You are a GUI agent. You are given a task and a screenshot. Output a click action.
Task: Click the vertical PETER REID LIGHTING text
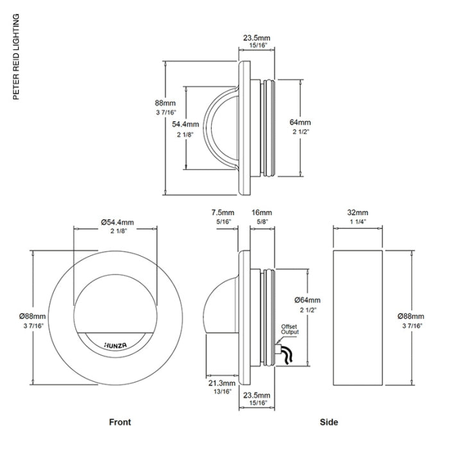tap(17, 57)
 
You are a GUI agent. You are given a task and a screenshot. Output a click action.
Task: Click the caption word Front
tap(119, 422)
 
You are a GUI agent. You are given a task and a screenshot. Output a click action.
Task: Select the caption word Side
tap(330, 422)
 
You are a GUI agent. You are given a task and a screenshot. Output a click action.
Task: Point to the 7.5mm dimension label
tap(223, 212)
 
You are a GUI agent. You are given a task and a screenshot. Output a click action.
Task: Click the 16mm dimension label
tap(262, 212)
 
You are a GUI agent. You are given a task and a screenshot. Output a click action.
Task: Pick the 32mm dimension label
tap(357, 212)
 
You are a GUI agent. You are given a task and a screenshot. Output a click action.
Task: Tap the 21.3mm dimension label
tap(221, 383)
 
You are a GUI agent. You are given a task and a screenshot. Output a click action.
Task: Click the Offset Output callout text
tap(290, 330)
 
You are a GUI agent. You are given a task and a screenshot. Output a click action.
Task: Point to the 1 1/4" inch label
tap(357, 221)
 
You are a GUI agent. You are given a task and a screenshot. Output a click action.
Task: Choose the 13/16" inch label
tap(221, 391)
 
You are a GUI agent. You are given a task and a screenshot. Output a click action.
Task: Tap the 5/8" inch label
tap(262, 221)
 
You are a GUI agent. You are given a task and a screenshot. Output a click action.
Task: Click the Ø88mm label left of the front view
tap(33, 316)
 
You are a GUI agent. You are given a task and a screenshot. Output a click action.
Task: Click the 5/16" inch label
tap(223, 221)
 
